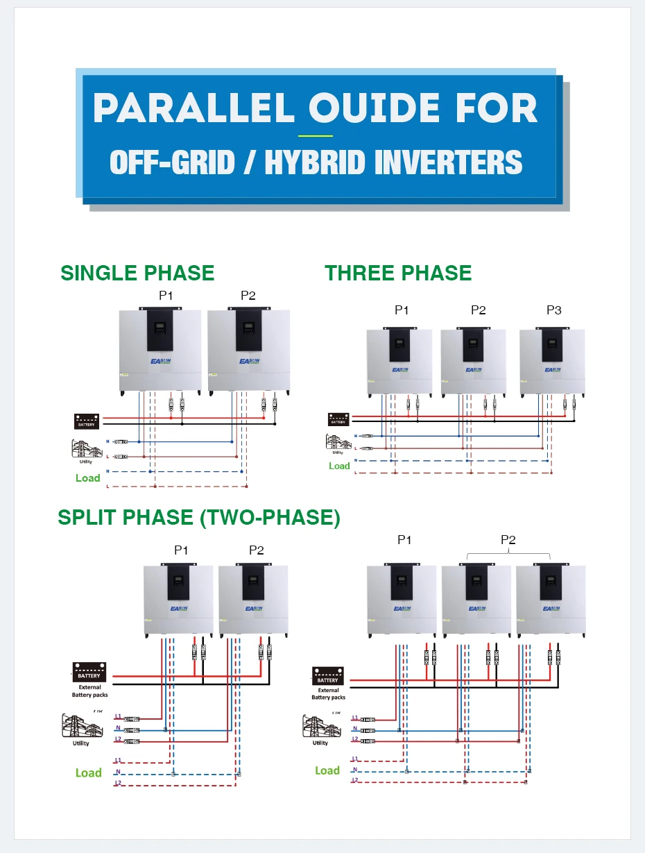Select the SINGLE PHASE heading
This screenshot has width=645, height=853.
[137, 273]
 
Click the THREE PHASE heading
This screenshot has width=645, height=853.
[398, 273]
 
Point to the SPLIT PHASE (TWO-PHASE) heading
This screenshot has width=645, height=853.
[199, 518]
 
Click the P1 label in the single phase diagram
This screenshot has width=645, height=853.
[166, 296]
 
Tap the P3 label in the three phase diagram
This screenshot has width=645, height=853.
[553, 310]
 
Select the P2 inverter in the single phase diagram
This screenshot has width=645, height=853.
[248, 351]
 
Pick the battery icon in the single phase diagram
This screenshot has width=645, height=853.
[87, 421]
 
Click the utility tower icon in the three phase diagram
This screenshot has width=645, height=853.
[338, 444]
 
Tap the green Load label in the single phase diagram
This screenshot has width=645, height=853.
[88, 478]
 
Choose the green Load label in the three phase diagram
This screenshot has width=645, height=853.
[339, 466]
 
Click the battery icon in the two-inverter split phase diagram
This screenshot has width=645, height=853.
[89, 672]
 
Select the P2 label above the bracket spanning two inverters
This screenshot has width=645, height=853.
[508, 540]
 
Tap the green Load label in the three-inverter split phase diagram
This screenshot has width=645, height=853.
[327, 770]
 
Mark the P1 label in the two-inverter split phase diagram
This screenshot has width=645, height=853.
[181, 550]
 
